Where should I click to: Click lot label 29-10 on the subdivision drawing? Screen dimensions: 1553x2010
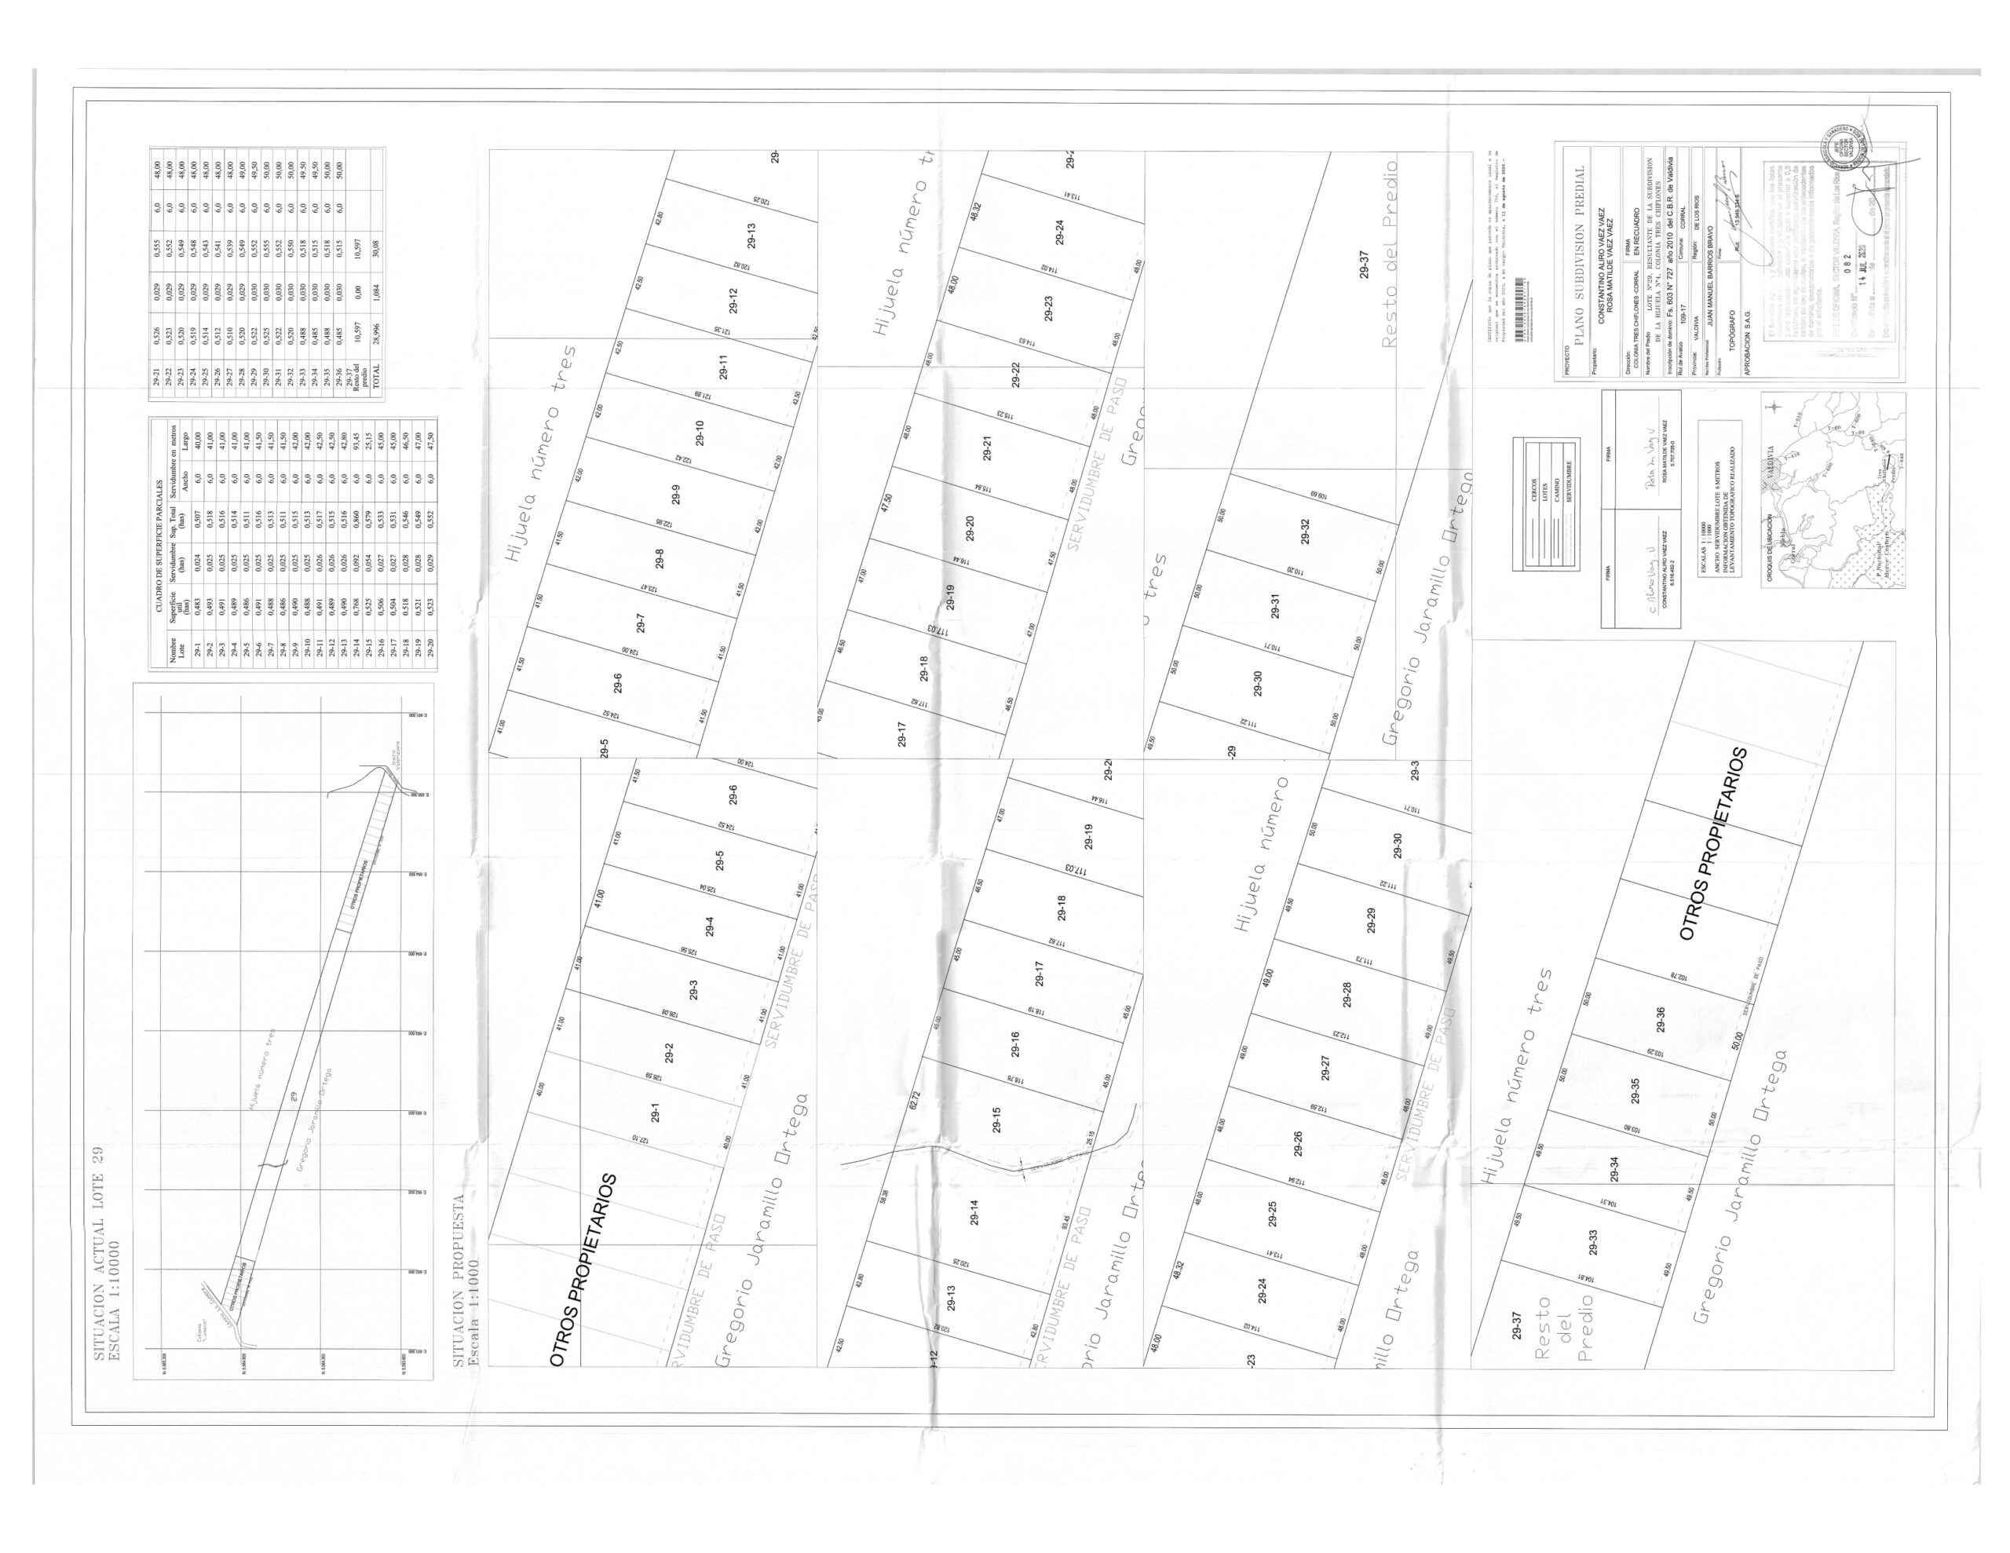pos(700,433)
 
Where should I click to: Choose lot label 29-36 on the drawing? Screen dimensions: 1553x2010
pos(1659,1023)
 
